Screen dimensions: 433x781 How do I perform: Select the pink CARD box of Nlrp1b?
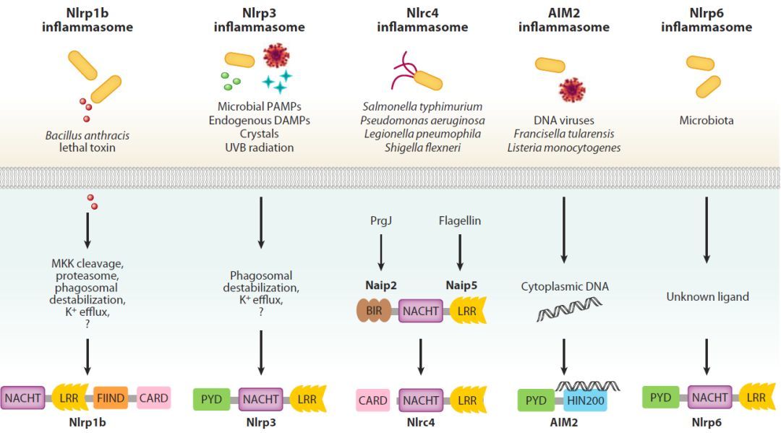coord(153,398)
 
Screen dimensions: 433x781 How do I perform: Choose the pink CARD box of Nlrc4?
coord(372,400)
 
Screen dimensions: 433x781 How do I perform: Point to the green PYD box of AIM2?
coord(536,400)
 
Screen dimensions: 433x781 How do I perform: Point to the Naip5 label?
coord(460,286)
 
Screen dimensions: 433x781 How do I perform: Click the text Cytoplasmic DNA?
coord(565,286)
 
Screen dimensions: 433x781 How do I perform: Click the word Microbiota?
coord(706,121)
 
